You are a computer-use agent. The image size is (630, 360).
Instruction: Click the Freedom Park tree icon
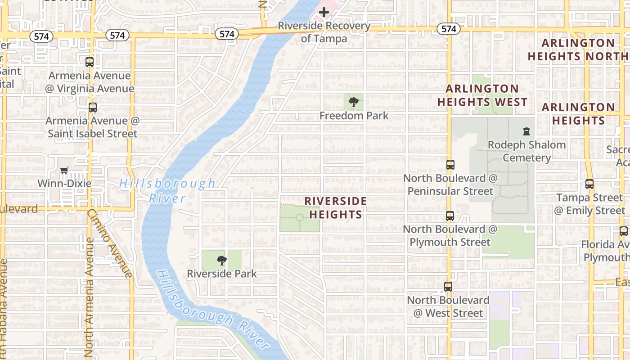point(354,102)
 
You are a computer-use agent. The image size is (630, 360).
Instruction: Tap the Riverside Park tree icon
point(221,260)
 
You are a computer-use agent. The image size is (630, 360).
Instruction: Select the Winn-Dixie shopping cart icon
point(64,171)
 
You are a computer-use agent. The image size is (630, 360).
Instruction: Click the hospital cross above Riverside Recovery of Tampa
point(324,13)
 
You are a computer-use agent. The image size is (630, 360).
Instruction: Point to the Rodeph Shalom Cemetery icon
point(526,131)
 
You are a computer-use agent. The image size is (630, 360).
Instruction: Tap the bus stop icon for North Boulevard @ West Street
point(448,287)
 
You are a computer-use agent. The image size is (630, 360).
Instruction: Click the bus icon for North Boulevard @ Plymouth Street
point(450,216)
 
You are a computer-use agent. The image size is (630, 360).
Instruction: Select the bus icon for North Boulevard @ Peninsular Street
point(450,165)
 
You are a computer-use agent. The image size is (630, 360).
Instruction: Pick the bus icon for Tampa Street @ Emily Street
point(589,184)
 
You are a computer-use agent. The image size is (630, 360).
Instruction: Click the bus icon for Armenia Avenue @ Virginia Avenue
point(90,62)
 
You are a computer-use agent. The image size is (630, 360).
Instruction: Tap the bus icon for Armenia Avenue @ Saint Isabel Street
point(92,108)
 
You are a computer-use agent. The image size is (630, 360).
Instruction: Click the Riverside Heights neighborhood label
point(335,207)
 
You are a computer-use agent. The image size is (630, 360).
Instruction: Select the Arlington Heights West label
point(482,95)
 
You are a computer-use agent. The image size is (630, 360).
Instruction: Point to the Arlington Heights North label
point(578,50)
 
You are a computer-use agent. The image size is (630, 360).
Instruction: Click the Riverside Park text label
point(222,274)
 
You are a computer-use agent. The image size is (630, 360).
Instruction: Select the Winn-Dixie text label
point(64,184)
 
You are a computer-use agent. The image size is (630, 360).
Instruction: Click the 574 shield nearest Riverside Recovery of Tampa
point(227,34)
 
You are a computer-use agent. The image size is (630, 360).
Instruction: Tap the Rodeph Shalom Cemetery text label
point(526,151)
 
